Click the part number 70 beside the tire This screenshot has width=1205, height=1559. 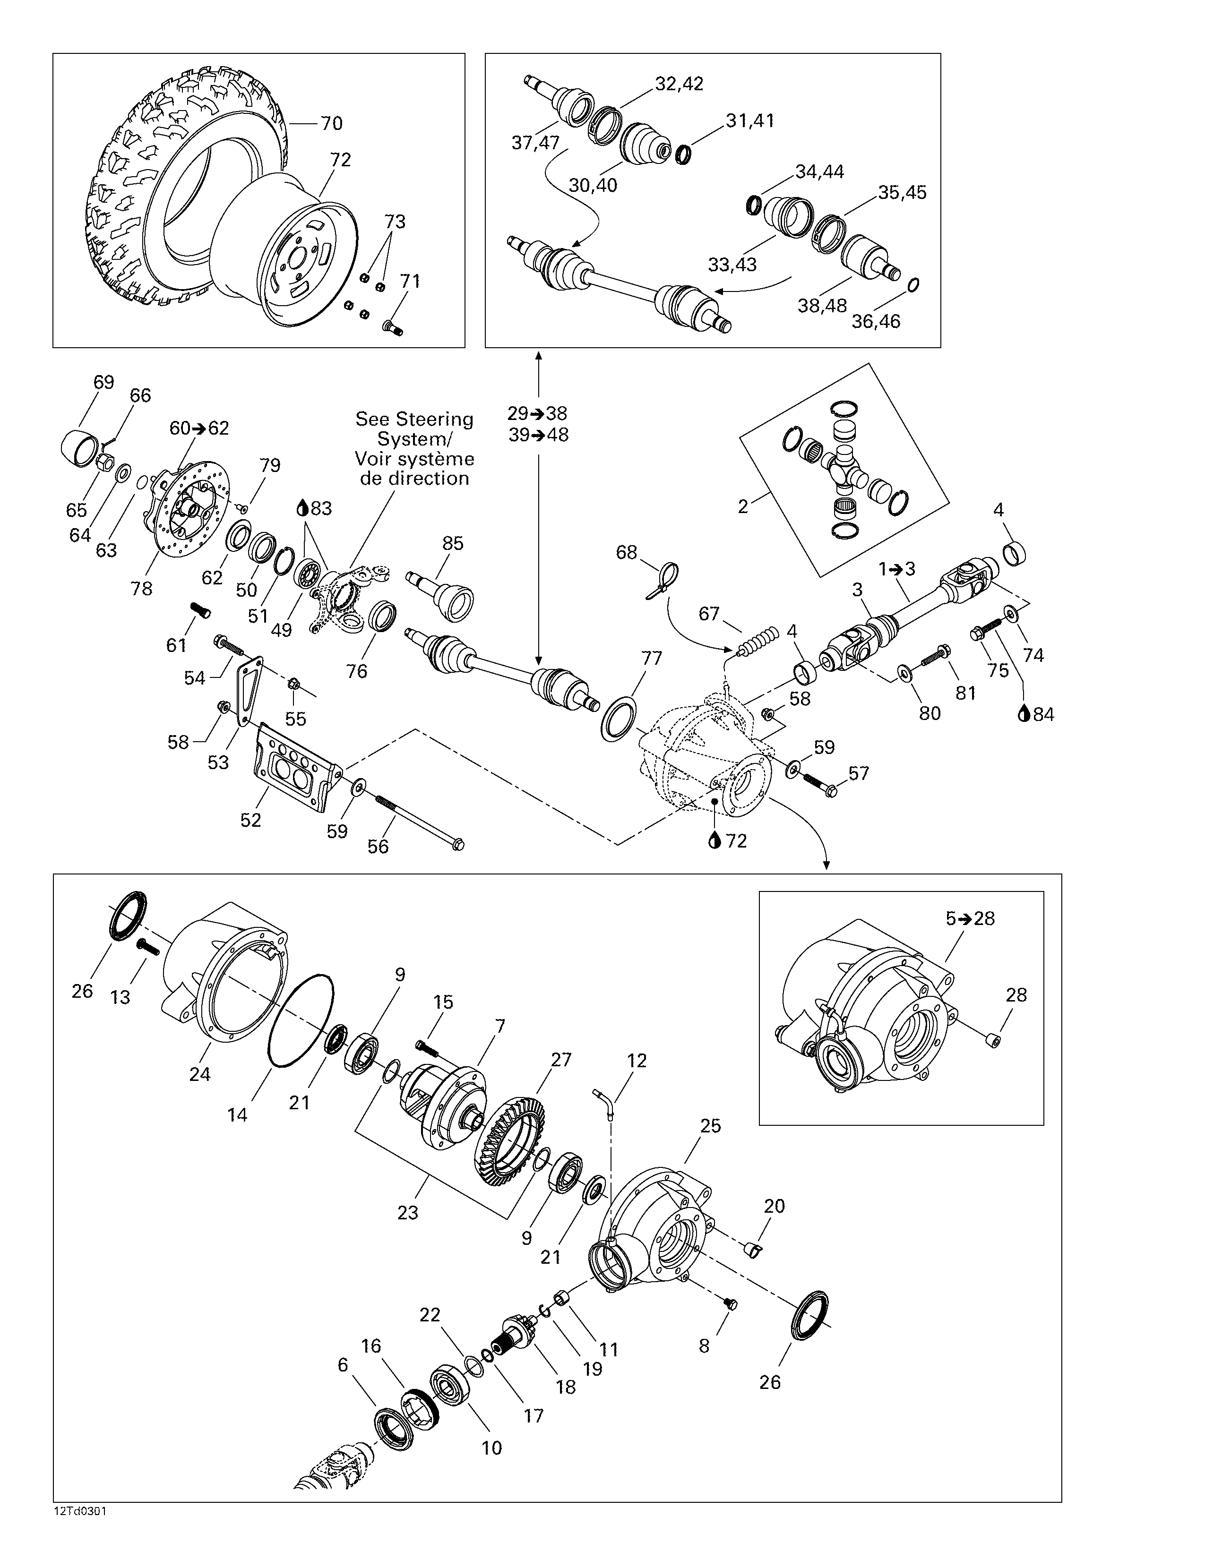pos(331,123)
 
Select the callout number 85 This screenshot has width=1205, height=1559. pos(453,543)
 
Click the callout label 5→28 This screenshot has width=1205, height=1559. pos(970,919)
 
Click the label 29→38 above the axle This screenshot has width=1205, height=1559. pos(538,413)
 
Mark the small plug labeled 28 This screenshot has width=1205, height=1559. pos(991,1045)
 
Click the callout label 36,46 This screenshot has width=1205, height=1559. pos(876,321)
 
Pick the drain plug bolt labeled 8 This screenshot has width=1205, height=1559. pos(729,1304)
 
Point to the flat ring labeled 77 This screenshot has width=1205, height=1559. pos(618,720)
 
